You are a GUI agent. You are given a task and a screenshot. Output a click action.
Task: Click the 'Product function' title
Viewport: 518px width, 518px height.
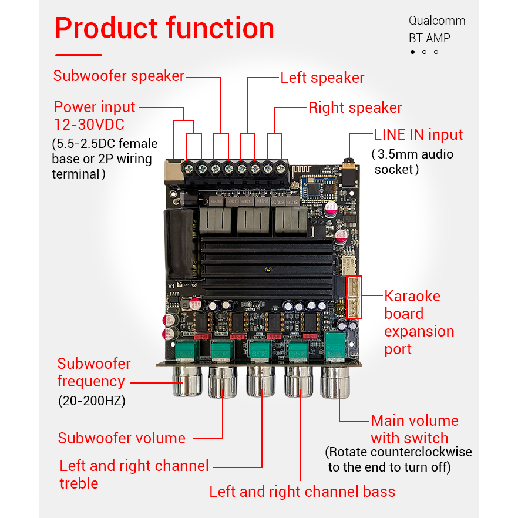[x=164, y=28]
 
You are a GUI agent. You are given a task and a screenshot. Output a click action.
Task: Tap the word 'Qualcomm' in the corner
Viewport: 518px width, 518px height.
[x=436, y=21]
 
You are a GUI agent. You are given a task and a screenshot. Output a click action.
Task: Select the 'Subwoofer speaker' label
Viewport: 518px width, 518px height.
[x=119, y=76]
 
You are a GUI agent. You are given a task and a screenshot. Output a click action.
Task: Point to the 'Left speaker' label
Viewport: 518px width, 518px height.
[x=322, y=78]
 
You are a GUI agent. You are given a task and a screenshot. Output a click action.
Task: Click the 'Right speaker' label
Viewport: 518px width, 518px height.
[x=355, y=107]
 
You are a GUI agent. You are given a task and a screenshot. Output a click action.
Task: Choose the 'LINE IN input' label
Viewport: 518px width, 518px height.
[x=418, y=134]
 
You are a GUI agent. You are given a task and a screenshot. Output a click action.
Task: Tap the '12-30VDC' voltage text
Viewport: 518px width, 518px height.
[x=89, y=125]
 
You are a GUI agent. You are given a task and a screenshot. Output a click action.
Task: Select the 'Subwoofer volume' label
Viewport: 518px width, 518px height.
[x=122, y=438]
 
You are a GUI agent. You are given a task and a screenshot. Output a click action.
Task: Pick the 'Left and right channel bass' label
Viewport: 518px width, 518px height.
[x=302, y=492]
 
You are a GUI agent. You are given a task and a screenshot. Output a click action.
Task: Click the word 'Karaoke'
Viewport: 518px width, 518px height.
[x=412, y=296]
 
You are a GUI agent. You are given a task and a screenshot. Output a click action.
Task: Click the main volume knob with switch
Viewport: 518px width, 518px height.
[x=336, y=382]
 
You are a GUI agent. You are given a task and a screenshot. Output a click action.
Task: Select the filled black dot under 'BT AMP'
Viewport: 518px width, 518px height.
[x=412, y=52]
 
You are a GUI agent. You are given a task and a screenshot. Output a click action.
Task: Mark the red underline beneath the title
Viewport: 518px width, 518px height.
[x=78, y=55]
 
